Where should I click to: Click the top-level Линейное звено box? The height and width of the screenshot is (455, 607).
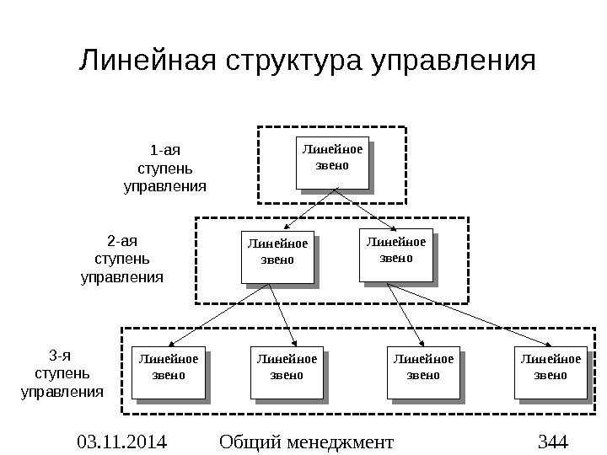coord(332,161)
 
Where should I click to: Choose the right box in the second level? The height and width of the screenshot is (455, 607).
coord(395,254)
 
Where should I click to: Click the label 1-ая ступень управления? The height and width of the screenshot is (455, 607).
coord(165,169)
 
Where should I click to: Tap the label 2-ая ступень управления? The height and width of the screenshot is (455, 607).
coord(122,258)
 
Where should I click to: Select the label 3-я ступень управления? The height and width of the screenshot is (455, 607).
coord(62,373)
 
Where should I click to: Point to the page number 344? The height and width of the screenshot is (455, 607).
coord(554,441)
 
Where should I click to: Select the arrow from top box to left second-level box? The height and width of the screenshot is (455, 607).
coord(307,209)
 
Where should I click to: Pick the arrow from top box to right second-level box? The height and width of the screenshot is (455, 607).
coord(364,209)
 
